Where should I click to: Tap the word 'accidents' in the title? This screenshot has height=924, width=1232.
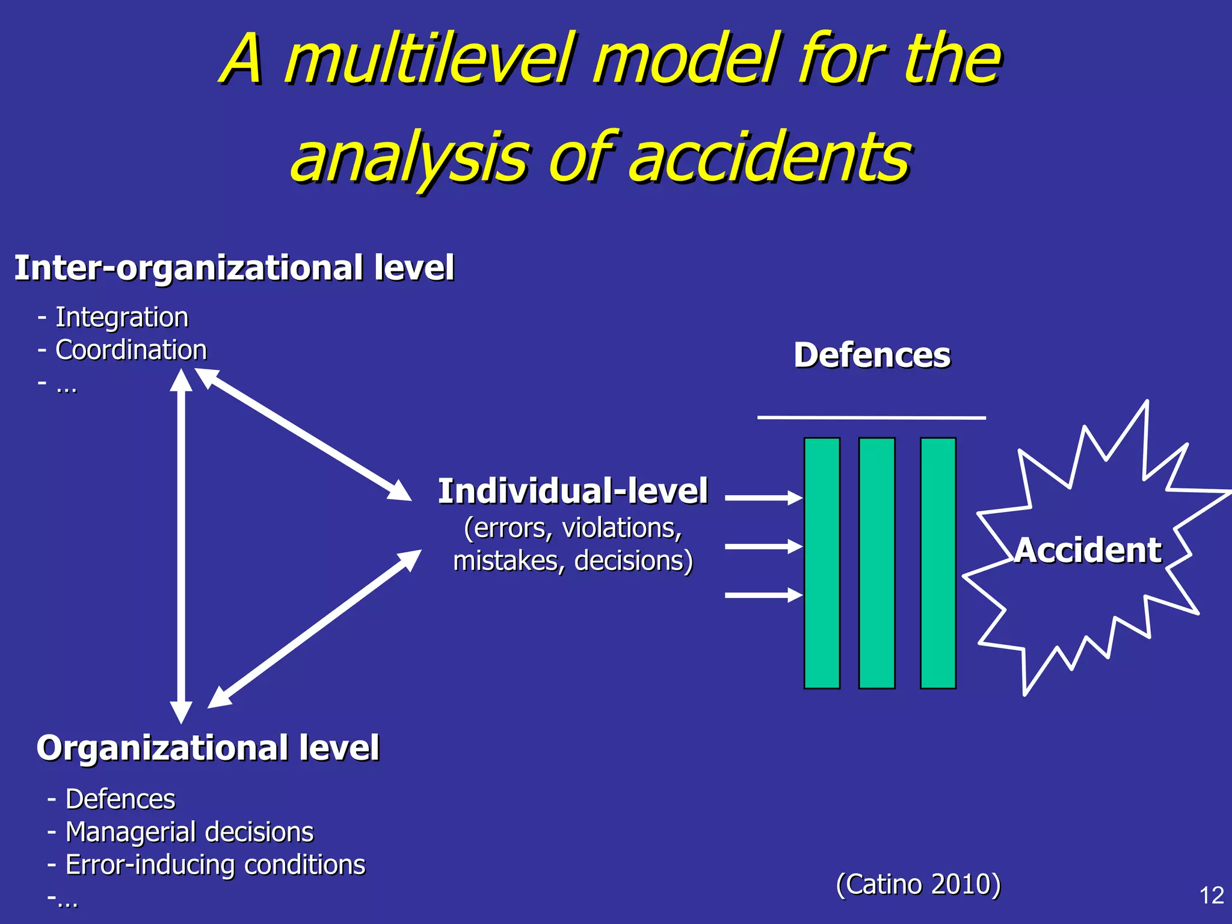(x=770, y=158)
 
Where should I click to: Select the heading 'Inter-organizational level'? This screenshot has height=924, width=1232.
(x=234, y=268)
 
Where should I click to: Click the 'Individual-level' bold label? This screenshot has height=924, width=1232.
(x=572, y=491)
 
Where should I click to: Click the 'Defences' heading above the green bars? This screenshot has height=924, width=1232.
(x=872, y=355)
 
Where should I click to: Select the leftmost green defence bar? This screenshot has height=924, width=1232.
(x=822, y=562)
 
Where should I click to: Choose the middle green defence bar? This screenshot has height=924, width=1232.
(x=876, y=562)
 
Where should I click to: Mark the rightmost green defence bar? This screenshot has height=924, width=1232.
(x=938, y=562)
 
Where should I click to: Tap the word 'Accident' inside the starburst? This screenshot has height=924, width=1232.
(x=1088, y=550)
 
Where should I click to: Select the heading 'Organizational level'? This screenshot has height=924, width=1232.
(x=208, y=748)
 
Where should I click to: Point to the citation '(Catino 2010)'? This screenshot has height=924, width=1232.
(x=918, y=884)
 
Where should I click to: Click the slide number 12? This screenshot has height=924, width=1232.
(x=1211, y=896)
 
